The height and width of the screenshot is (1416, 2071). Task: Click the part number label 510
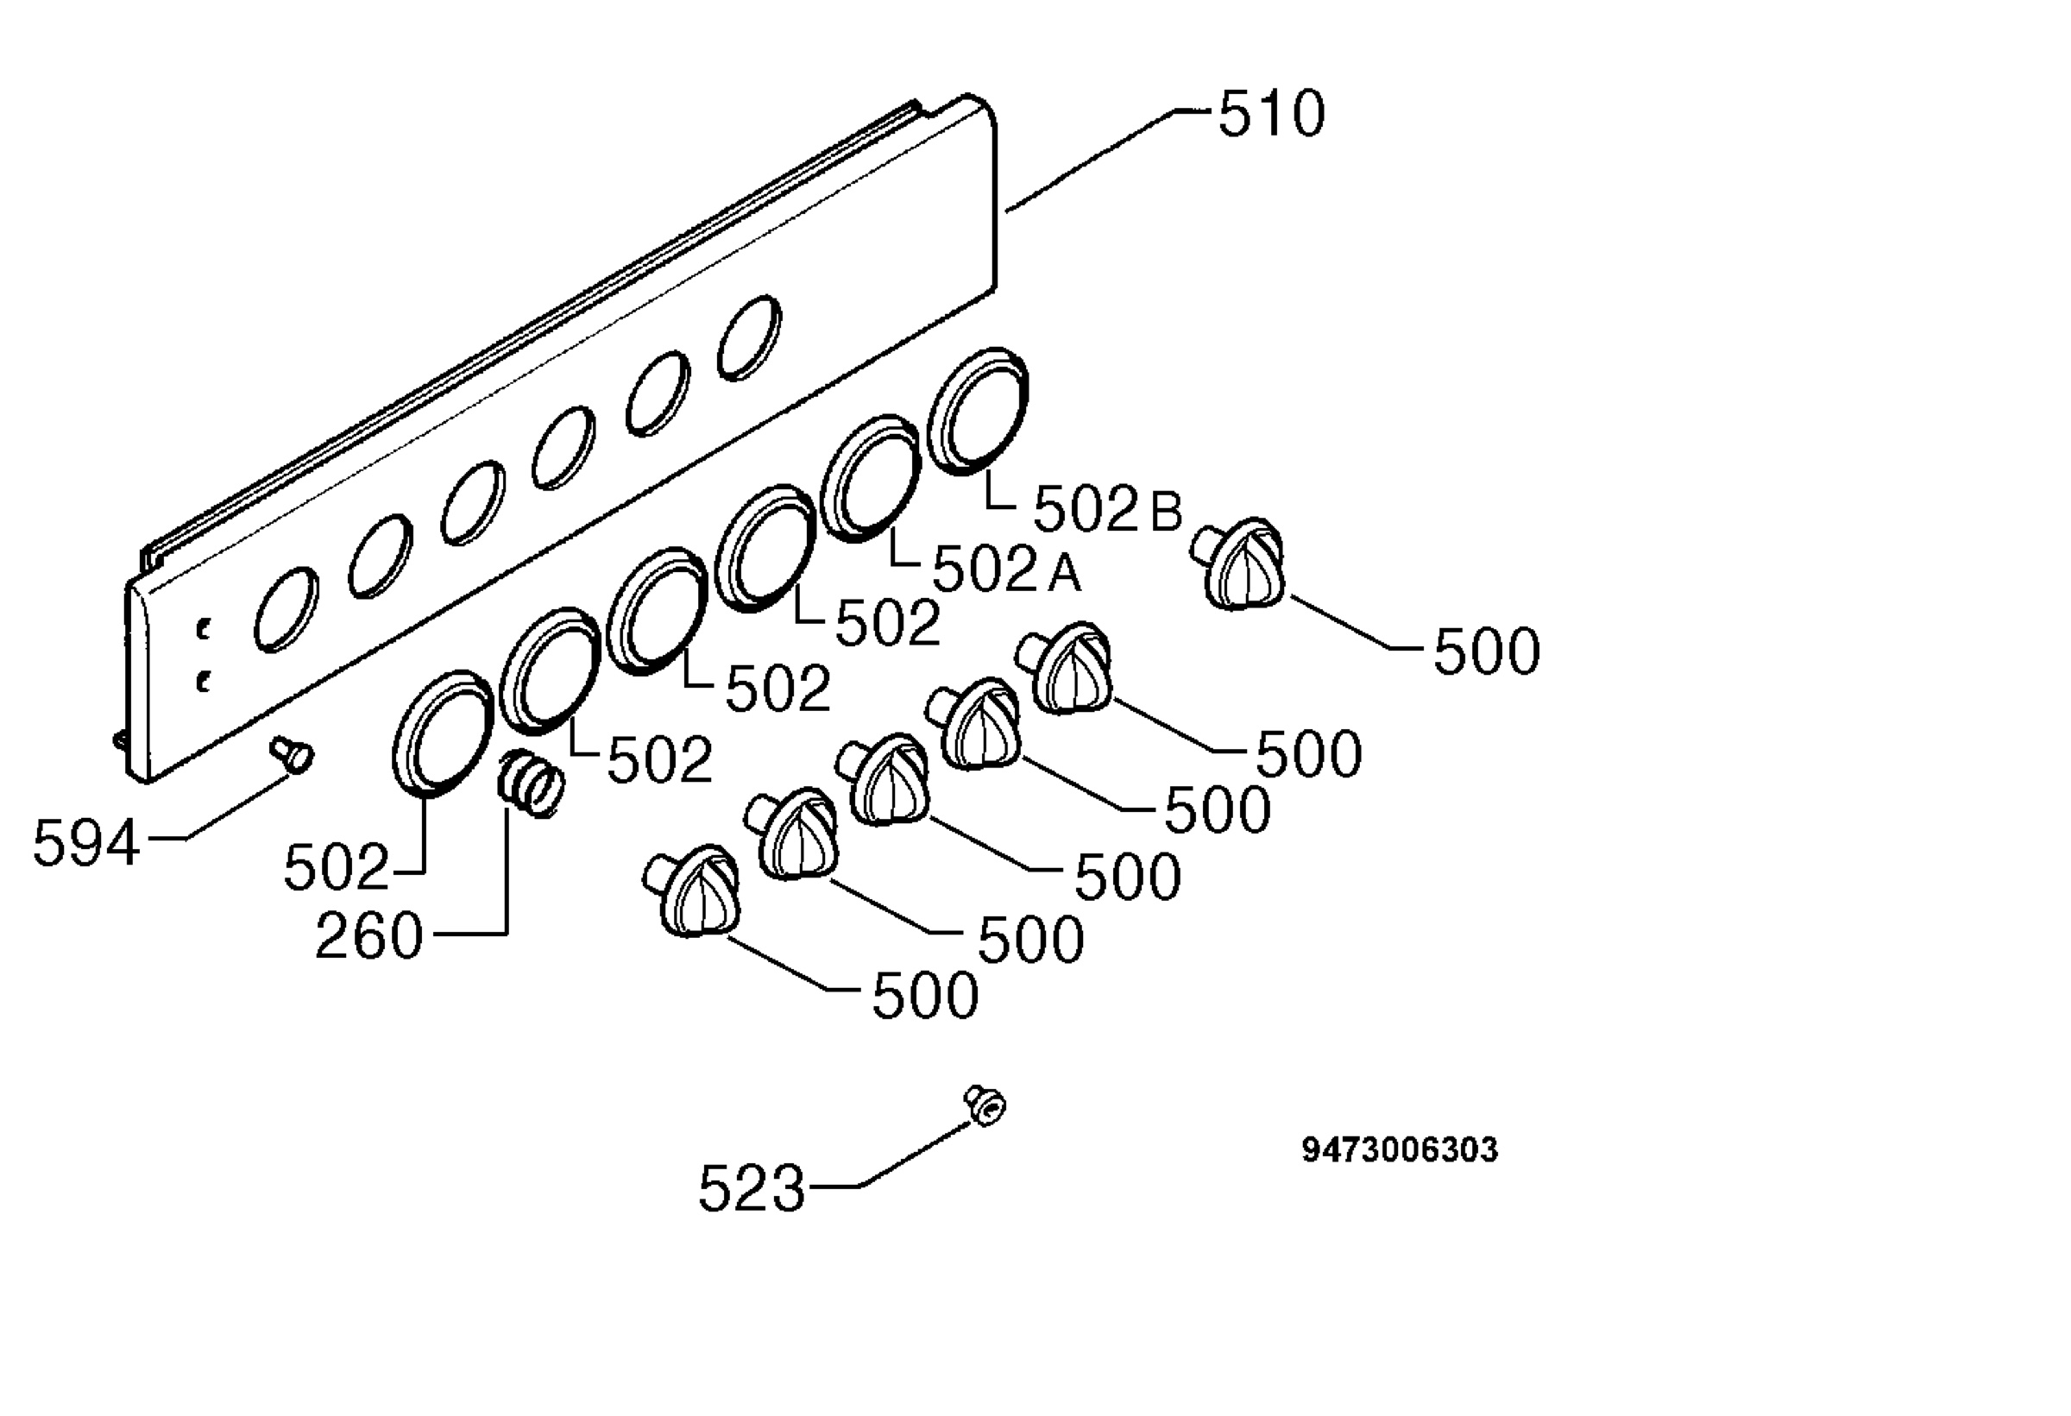[1271, 114]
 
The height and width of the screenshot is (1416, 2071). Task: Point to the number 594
[86, 843]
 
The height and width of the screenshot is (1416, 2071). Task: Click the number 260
[369, 935]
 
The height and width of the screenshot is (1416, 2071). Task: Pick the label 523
[752, 1188]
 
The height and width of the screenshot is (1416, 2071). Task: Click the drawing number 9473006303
[1400, 1149]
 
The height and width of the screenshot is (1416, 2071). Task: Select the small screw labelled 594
[293, 754]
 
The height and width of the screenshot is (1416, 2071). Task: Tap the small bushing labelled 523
[985, 1106]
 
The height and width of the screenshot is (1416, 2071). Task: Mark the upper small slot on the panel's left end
[204, 629]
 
